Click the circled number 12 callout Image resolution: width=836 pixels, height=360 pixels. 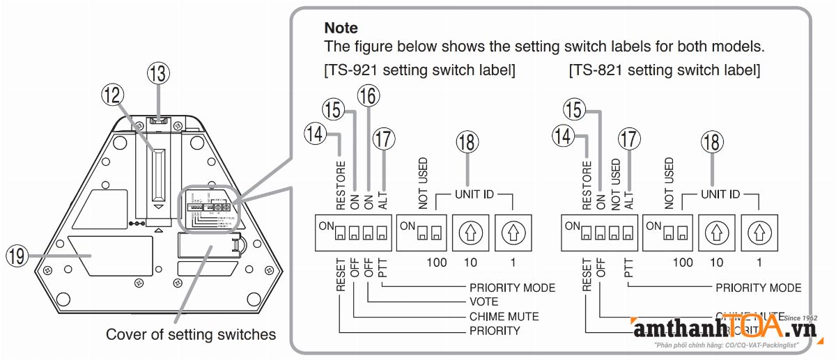coord(112,93)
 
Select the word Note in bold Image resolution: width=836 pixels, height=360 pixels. coord(341,29)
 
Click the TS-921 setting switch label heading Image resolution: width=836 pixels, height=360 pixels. coord(419,70)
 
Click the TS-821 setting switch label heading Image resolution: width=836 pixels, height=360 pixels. coord(665,70)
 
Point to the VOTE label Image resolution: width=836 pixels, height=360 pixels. coord(483,302)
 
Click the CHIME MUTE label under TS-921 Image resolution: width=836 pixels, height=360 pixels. coord(504,316)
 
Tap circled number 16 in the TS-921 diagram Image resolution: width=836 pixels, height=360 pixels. coord(369,95)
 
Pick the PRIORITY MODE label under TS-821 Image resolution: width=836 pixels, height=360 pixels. coord(759,288)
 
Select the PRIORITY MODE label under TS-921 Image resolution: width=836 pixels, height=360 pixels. coord(512,288)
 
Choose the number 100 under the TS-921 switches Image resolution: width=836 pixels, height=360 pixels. coord(437,263)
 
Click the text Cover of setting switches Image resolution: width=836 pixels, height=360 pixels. coord(191,334)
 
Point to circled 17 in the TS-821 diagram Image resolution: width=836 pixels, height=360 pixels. coord(629,139)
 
